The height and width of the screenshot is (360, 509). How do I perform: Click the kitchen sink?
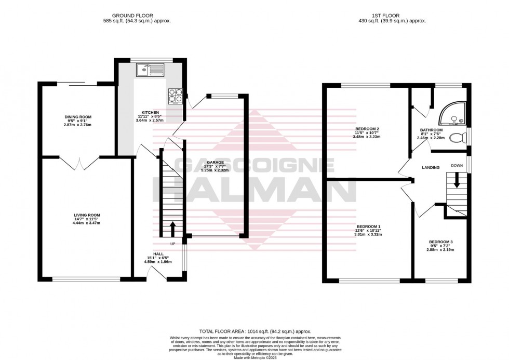pos(150,69)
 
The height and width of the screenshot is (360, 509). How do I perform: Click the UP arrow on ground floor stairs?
pos(172,229)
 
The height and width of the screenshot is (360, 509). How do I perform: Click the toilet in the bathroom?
pos(457,138)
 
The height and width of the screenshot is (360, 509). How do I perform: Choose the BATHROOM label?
pos(431,130)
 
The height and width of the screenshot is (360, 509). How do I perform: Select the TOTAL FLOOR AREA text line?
pos(255,331)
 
